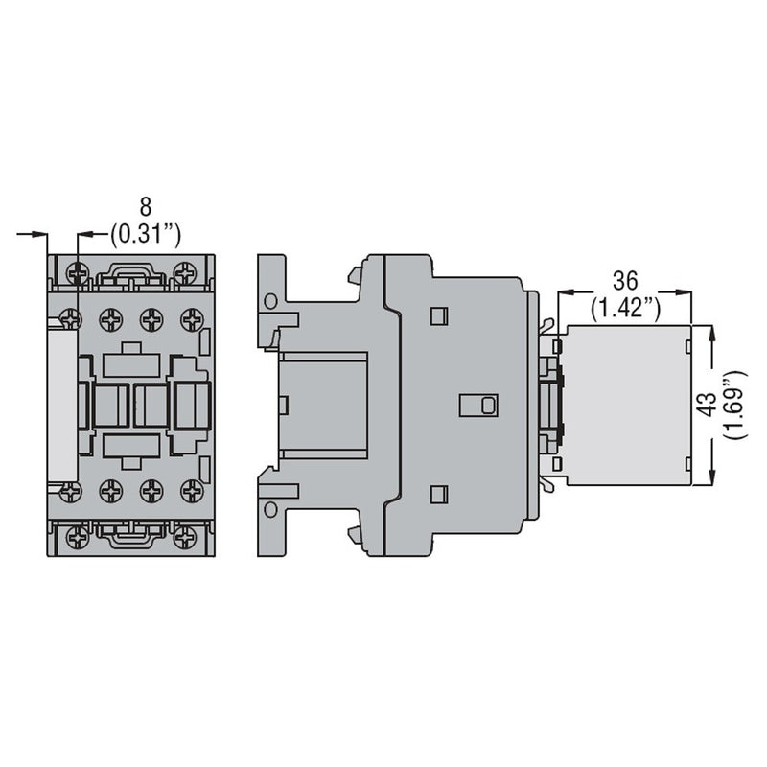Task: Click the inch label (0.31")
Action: [x=147, y=233]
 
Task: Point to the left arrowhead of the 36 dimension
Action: [x=563, y=291]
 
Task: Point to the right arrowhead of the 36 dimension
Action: [x=688, y=291]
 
